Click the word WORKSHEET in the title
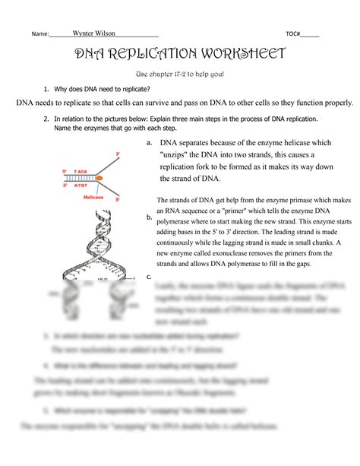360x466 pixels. click(241, 55)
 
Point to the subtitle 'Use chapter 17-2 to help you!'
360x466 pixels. click(179, 74)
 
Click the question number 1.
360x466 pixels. click(46, 89)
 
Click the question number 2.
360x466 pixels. click(46, 119)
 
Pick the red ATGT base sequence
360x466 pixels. click(82, 184)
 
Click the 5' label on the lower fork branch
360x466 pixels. click(118, 200)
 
